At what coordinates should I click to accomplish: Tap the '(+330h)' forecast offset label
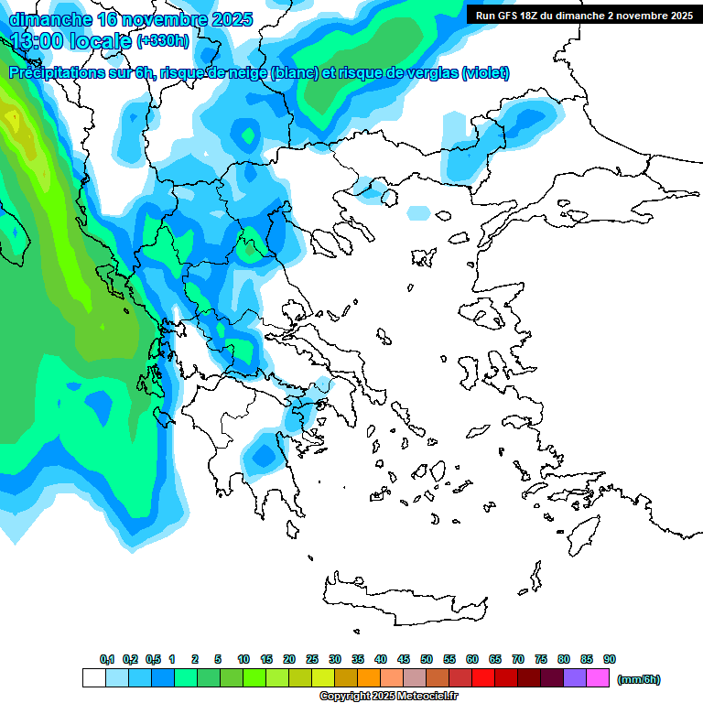tap(163, 41)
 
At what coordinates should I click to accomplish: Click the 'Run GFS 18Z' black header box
tap(584, 15)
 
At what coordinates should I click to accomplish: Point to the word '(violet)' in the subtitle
tap(485, 73)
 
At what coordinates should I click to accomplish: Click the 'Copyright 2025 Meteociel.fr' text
tap(388, 697)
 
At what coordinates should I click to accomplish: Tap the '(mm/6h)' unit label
tap(639, 679)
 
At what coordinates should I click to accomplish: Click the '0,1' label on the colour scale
tap(107, 660)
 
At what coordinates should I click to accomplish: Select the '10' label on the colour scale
tap(243, 660)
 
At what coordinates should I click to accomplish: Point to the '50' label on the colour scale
tap(427, 660)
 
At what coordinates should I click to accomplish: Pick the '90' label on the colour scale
tap(610, 660)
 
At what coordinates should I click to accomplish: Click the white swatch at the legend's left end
tap(93, 678)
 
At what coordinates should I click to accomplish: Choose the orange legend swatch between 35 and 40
tap(369, 678)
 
